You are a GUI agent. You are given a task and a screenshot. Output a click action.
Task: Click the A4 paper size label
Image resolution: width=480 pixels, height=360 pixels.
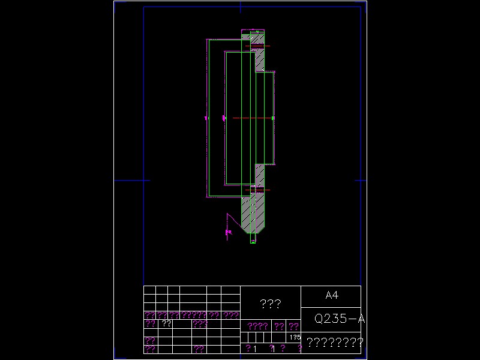[x=332, y=295]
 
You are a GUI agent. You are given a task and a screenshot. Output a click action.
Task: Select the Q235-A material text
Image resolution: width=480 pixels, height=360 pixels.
[x=340, y=319]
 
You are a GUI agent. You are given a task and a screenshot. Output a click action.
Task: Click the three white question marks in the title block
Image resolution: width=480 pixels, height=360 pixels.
[x=271, y=304]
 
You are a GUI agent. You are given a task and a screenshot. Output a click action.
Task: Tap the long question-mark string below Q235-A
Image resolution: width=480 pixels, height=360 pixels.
[x=335, y=343]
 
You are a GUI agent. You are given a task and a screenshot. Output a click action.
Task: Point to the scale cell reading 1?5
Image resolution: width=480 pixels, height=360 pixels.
[x=294, y=337]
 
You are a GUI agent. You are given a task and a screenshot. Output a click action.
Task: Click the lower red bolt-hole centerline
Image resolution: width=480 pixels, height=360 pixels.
[x=257, y=190]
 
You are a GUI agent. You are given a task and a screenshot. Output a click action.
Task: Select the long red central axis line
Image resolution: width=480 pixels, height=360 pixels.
[x=252, y=118]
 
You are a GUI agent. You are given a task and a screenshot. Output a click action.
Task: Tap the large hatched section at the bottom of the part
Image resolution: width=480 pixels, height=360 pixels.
[x=253, y=213]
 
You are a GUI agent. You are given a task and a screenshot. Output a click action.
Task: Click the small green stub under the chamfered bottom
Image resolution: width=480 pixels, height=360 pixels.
[x=253, y=238]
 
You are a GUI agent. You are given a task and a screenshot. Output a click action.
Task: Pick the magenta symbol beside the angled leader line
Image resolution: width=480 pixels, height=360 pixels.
[x=228, y=232]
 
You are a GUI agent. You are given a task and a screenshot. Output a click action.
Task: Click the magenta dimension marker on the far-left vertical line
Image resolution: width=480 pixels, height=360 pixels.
[x=206, y=118]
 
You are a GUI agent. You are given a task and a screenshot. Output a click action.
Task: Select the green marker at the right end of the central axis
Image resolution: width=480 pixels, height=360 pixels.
[x=273, y=118]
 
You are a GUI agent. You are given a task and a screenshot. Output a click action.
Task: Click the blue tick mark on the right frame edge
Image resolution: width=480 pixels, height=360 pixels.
[x=361, y=180]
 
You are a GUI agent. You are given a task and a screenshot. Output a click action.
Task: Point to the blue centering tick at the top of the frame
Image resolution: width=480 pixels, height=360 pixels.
[x=241, y=7]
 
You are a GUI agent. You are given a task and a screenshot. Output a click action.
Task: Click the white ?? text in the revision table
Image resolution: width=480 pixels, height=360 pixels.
[x=167, y=323]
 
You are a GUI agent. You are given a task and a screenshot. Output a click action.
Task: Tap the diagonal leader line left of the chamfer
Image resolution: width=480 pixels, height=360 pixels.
[x=235, y=221]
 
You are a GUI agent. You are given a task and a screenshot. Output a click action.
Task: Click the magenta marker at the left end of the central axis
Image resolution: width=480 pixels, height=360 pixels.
[x=224, y=118]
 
